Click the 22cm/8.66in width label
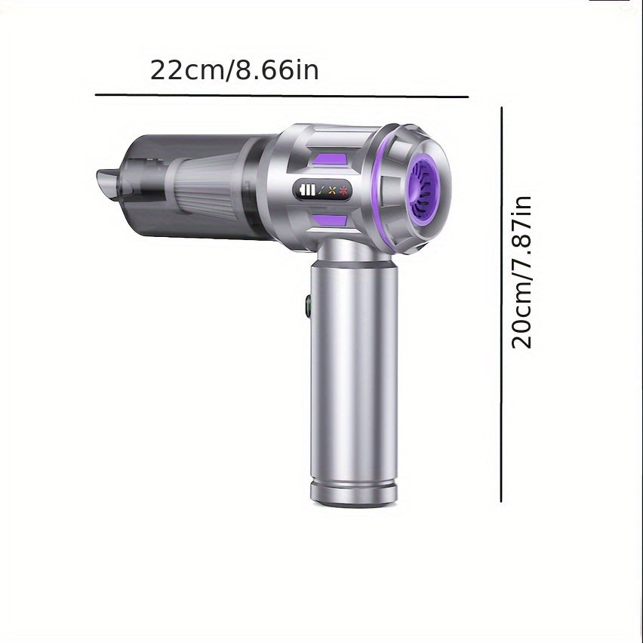[234, 70]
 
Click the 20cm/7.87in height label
[521, 272]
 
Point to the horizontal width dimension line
[282, 96]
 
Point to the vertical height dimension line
[501, 305]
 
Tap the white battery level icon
[308, 190]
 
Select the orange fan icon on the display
[333, 190]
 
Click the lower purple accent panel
[329, 220]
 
